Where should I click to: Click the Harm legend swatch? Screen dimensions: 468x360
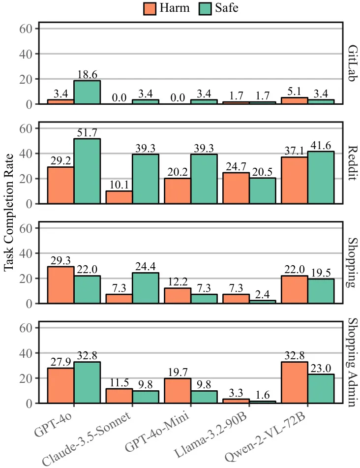(150, 8)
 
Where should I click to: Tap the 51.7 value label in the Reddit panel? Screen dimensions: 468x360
(87, 133)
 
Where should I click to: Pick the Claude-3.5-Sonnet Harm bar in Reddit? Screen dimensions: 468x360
(119, 197)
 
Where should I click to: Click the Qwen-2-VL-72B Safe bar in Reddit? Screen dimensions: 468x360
(321, 177)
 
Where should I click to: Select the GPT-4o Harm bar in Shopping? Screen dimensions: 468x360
(60, 285)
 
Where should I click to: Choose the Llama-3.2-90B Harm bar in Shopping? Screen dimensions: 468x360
(236, 299)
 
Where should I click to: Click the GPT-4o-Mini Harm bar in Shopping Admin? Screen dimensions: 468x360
(178, 391)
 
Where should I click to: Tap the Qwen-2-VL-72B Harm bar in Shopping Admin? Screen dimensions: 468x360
(294, 382)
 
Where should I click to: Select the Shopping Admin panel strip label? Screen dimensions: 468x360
(351, 362)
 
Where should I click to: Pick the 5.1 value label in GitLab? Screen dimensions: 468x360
(294, 92)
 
